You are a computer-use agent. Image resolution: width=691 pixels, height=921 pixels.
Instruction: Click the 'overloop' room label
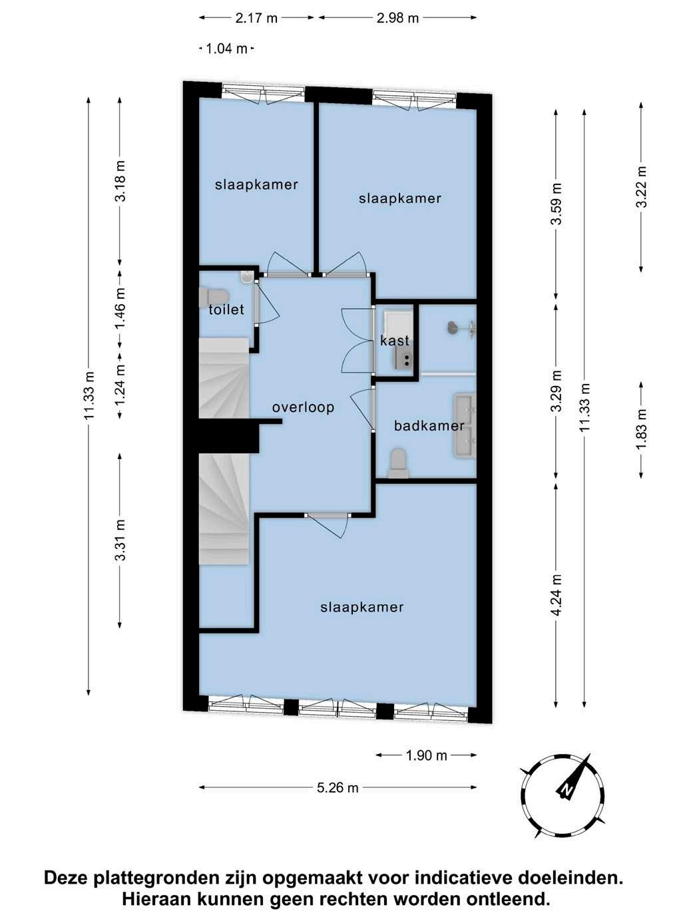(x=303, y=407)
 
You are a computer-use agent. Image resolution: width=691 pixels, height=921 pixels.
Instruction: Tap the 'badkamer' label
(x=429, y=426)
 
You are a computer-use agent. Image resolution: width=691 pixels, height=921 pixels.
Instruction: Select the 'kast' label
(x=394, y=340)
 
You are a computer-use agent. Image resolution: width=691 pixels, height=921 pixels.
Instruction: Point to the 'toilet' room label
(x=226, y=309)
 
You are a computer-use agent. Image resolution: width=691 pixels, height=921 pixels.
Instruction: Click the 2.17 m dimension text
(x=256, y=18)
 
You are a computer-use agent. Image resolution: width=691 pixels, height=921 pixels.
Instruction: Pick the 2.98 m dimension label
(x=397, y=18)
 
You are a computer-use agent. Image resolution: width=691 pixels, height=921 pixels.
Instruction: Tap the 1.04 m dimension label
(x=226, y=49)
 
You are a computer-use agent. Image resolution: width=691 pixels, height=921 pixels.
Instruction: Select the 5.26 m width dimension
(x=338, y=787)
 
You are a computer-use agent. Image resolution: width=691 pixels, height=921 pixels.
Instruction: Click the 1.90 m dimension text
(x=426, y=755)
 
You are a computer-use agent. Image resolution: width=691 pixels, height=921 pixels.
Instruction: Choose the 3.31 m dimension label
(x=121, y=540)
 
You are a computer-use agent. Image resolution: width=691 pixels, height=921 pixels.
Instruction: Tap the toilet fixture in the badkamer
(x=397, y=464)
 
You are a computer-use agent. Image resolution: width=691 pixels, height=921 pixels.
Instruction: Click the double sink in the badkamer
(x=465, y=424)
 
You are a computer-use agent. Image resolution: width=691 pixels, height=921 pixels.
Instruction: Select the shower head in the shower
(x=453, y=327)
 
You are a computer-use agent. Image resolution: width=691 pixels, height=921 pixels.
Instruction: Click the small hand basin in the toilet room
(x=247, y=277)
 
